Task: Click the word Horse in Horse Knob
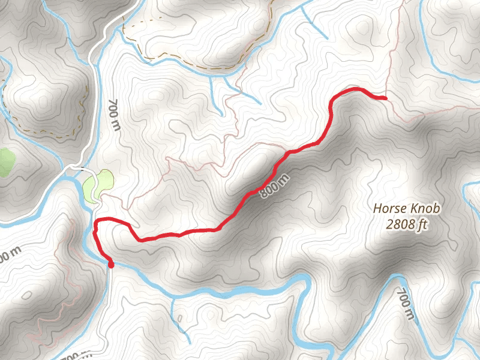click(x=391, y=209)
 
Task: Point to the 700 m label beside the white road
click(x=113, y=115)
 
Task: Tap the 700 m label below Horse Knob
click(x=406, y=304)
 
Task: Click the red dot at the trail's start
click(x=110, y=263)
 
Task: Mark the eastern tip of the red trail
click(x=385, y=97)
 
